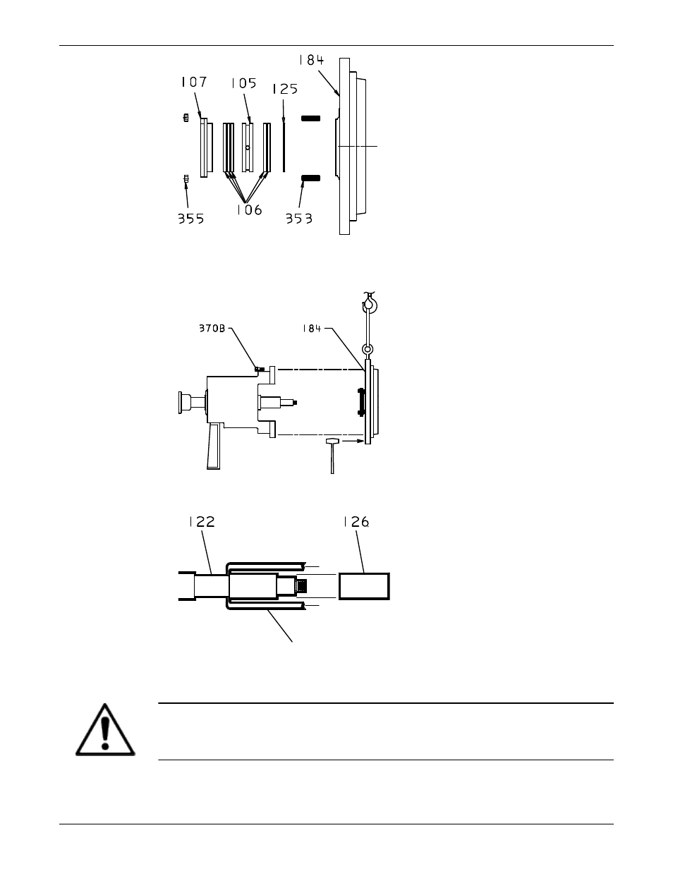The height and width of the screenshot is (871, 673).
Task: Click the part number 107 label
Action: coord(194,83)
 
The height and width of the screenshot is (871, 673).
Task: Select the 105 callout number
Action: coord(243,83)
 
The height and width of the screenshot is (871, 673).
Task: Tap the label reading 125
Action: coord(285,89)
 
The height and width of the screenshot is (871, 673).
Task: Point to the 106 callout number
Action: coord(249,210)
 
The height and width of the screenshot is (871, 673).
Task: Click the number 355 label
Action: coord(190,219)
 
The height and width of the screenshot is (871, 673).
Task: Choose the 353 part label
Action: coord(299,219)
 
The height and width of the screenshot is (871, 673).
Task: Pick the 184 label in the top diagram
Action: coord(311,60)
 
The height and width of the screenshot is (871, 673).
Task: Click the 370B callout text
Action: coord(212,328)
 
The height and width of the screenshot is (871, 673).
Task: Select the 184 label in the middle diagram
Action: coord(312,329)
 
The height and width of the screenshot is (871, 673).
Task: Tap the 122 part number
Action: coord(202,521)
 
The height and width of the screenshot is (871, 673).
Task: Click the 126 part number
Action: coord(356,522)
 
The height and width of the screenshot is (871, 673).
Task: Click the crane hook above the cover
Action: coord(370,303)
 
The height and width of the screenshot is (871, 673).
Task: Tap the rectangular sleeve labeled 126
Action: coord(364,586)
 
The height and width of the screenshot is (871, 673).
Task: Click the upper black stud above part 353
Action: coord(310,118)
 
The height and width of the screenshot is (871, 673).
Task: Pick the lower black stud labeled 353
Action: coord(310,178)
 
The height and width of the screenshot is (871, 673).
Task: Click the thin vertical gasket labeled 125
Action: coord(284,147)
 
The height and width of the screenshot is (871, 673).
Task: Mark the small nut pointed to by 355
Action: coord(186,178)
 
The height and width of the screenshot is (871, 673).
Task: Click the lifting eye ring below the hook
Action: coord(368,350)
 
